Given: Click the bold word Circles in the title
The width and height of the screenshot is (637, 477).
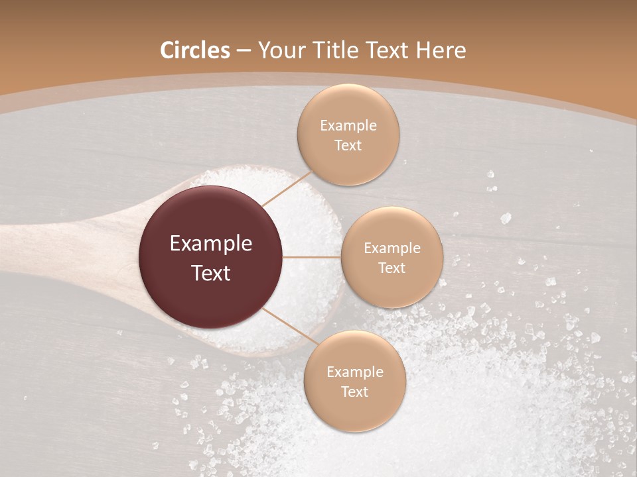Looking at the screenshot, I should [x=195, y=50].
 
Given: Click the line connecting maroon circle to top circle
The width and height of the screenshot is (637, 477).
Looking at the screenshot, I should [x=287, y=187].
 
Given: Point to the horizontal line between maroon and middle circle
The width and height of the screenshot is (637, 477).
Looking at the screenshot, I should [x=312, y=257].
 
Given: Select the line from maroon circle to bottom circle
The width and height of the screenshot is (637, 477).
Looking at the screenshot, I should [x=289, y=329].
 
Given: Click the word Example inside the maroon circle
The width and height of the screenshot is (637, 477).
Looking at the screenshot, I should [x=211, y=244].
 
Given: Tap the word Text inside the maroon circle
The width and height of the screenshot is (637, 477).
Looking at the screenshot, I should [x=211, y=272].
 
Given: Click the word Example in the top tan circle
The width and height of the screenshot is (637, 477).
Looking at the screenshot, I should [x=348, y=126].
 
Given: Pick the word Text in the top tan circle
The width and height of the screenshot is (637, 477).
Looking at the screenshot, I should [x=348, y=145].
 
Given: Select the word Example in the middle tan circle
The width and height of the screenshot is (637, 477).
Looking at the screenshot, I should [x=391, y=248].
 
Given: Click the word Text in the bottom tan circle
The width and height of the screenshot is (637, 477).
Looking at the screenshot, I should [x=354, y=392].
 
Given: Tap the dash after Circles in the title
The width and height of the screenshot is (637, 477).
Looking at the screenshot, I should [x=244, y=51].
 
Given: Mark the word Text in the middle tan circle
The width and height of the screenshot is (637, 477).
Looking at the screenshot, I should [x=391, y=268].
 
